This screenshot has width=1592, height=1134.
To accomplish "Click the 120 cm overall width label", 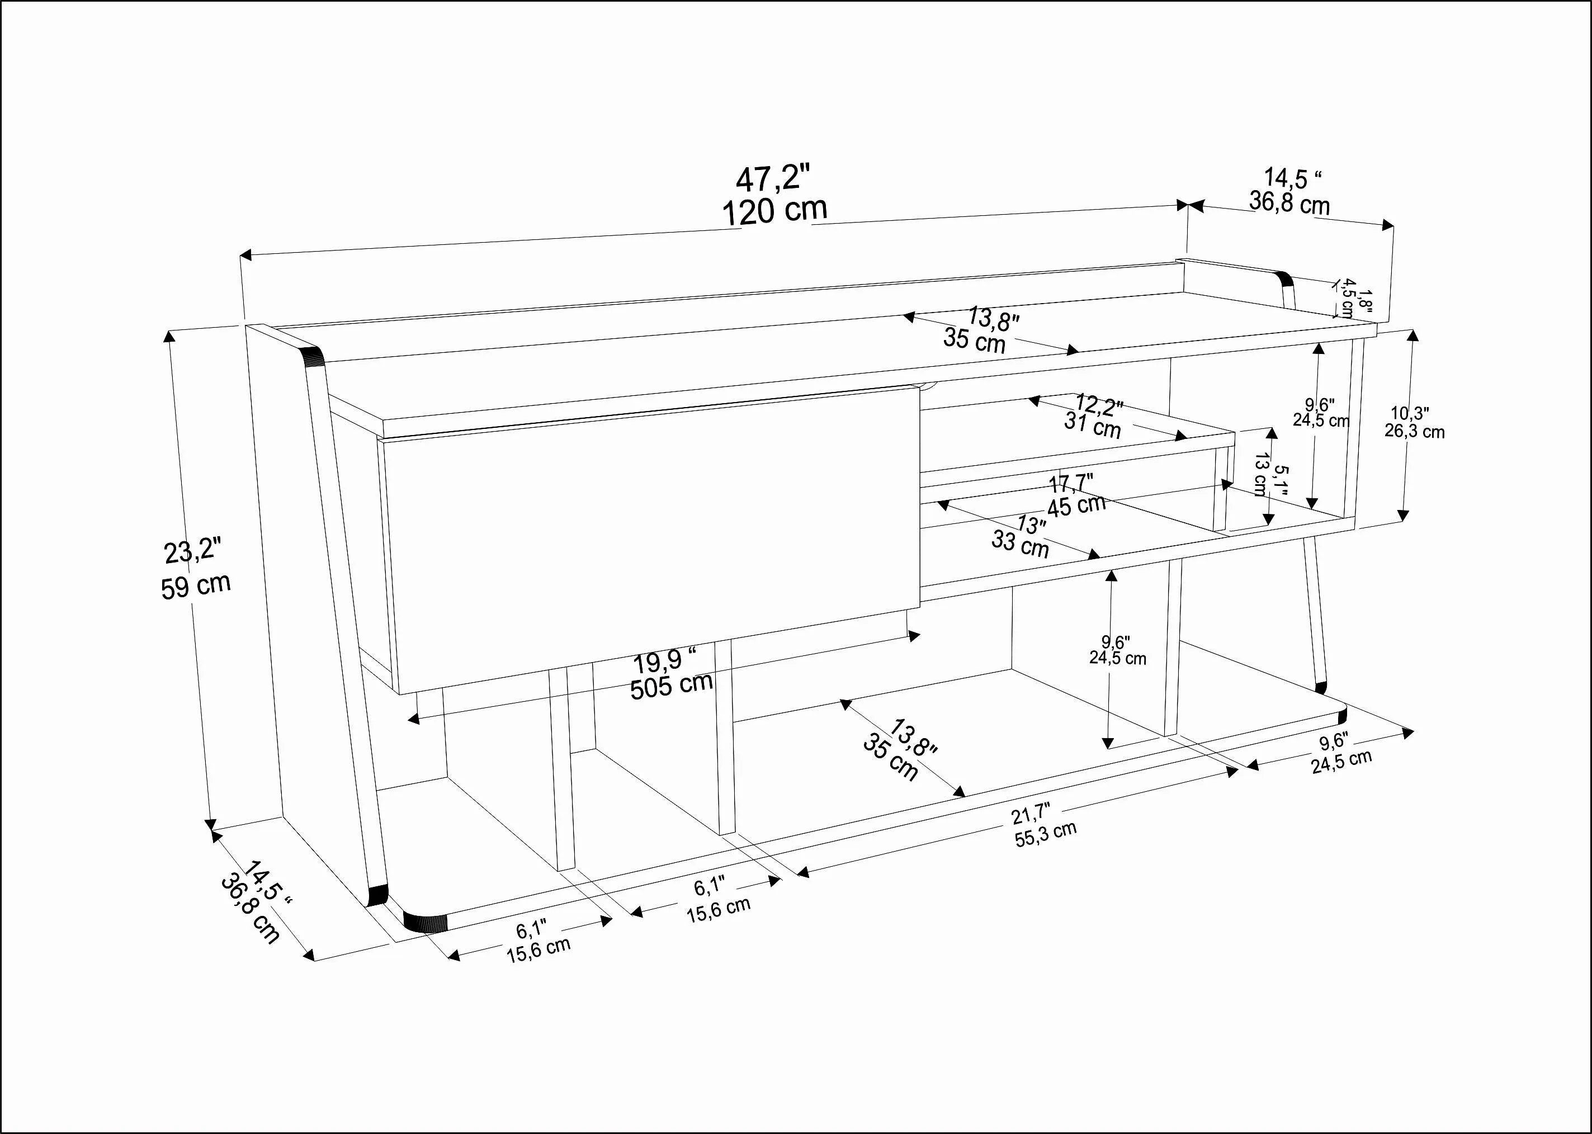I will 774,210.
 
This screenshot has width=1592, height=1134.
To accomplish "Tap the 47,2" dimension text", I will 774,179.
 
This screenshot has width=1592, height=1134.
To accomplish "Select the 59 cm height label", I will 196,586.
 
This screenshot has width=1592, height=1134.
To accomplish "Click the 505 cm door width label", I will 671,686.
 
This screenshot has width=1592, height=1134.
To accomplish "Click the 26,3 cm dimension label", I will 1415,432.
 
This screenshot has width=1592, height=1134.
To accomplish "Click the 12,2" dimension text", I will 1098,404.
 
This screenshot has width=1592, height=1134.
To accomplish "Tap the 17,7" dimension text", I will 1070,483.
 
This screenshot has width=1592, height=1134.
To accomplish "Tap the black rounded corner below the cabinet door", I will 425,923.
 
